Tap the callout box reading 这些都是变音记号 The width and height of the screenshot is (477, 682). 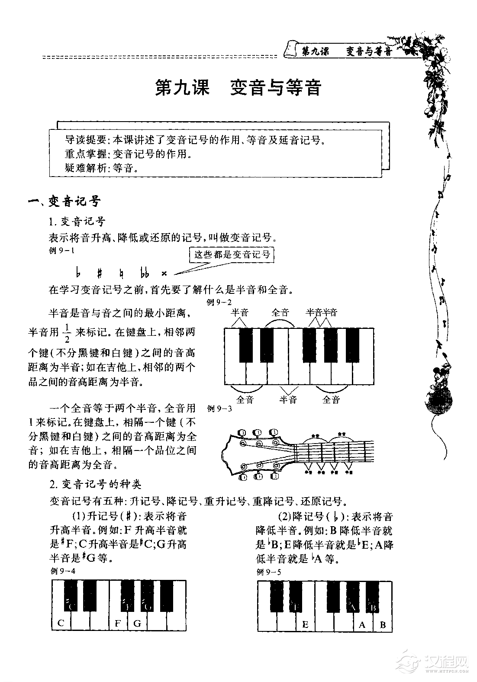[232, 254]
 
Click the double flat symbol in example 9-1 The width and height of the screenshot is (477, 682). [145, 273]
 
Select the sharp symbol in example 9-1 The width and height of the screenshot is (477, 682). [100, 273]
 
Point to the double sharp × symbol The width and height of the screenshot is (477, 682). [164, 273]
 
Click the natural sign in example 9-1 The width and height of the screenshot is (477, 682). [122, 273]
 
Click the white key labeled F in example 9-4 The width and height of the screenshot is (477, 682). [118, 623]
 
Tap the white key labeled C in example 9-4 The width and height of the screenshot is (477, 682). [61, 623]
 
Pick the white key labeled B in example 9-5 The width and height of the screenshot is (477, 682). [383, 624]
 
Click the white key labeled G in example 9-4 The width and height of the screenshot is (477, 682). [137, 623]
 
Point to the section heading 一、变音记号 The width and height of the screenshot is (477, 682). [64, 201]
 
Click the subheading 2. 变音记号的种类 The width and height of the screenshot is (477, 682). [96, 483]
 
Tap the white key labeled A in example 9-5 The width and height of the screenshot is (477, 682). [363, 624]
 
